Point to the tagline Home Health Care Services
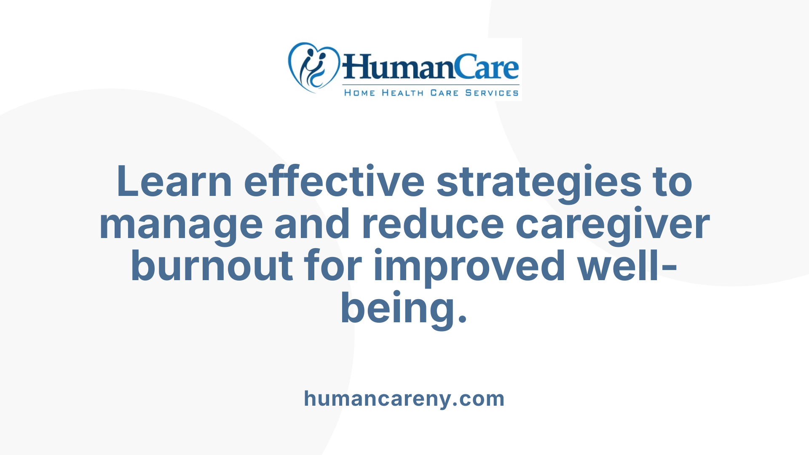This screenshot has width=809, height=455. pyautogui.click(x=431, y=93)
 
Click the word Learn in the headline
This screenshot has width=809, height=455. pyautogui.click(x=174, y=182)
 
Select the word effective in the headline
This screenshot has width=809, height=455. pyautogui.click(x=334, y=182)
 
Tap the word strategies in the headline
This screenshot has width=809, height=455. pyautogui.click(x=539, y=182)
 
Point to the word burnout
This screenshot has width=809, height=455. pyautogui.click(x=212, y=266)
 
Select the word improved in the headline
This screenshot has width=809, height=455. pyautogui.click(x=469, y=267)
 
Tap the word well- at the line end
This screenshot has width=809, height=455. pyautogui.click(x=627, y=266)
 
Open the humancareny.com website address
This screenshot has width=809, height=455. pyautogui.click(x=404, y=399)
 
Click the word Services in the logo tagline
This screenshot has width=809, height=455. pyautogui.click(x=492, y=93)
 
